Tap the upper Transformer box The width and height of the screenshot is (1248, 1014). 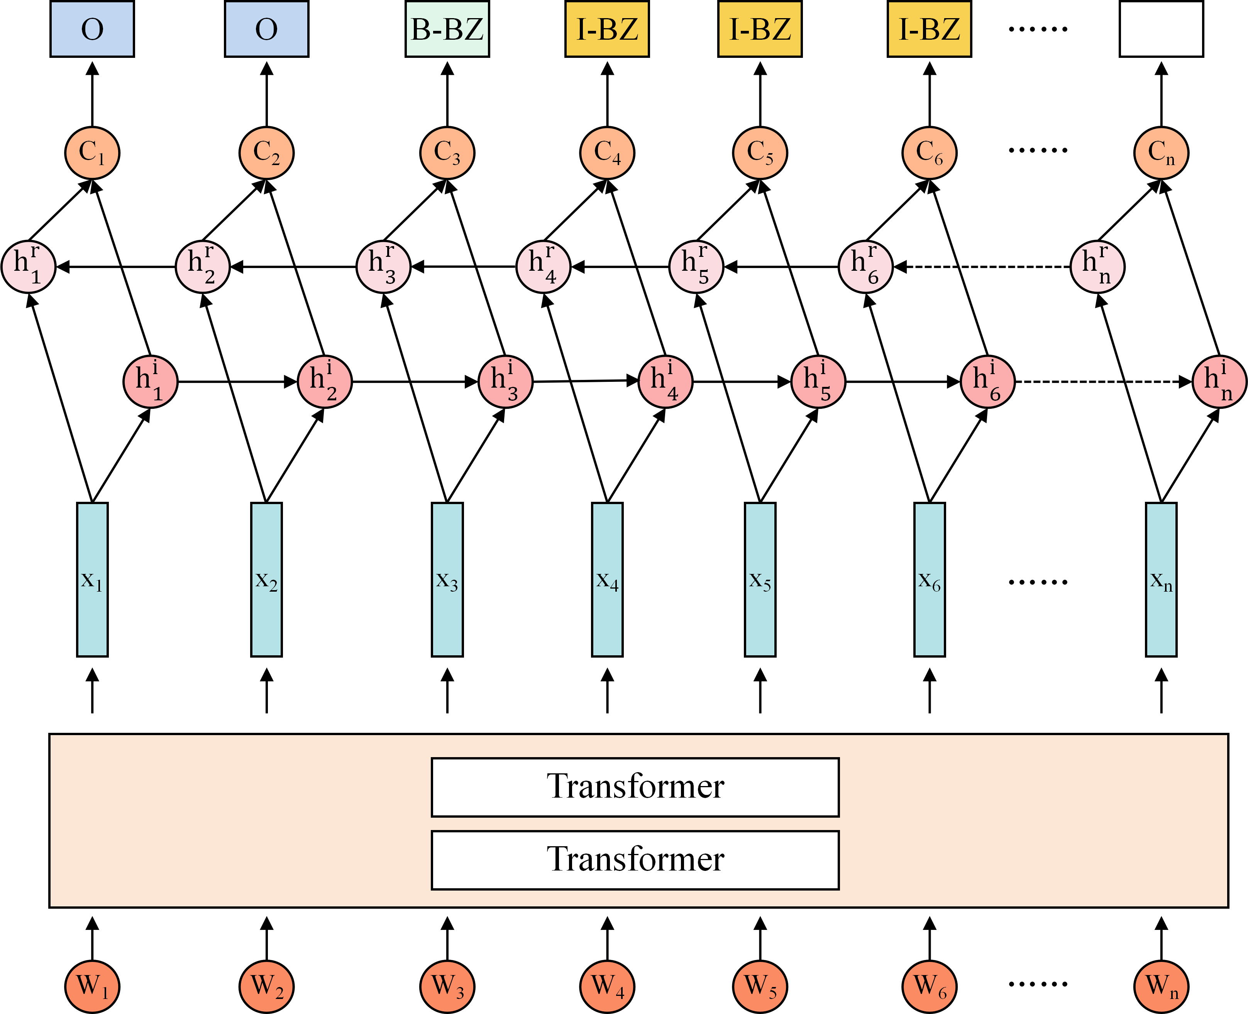635,787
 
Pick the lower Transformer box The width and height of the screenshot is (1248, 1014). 635,860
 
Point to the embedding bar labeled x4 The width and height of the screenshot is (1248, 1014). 607,579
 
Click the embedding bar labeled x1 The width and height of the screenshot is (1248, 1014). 92,579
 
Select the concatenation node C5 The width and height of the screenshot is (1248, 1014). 760,153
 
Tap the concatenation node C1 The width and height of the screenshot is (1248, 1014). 92,153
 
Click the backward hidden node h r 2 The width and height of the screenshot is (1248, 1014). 203,267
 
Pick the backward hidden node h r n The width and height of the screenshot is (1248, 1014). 1098,267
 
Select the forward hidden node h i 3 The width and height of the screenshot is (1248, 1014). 506,382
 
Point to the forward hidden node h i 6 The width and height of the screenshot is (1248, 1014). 988,382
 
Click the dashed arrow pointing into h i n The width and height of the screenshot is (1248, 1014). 1104,382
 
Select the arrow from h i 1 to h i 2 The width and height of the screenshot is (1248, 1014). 238,382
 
